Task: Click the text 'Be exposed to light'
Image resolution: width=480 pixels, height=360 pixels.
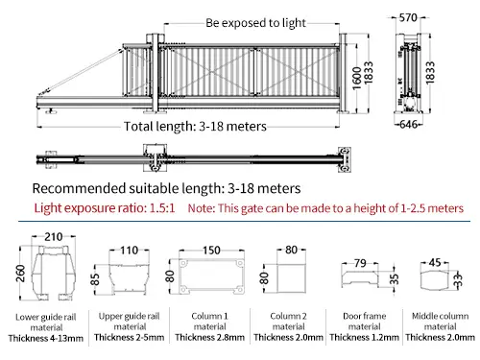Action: pyautogui.click(x=255, y=22)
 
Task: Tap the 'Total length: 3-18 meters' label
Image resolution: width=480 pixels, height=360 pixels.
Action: pyautogui.click(x=196, y=127)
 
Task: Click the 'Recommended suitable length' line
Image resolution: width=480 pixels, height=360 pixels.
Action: pyautogui.click(x=168, y=187)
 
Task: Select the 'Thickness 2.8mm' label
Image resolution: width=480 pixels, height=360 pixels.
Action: pyautogui.click(x=204, y=337)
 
